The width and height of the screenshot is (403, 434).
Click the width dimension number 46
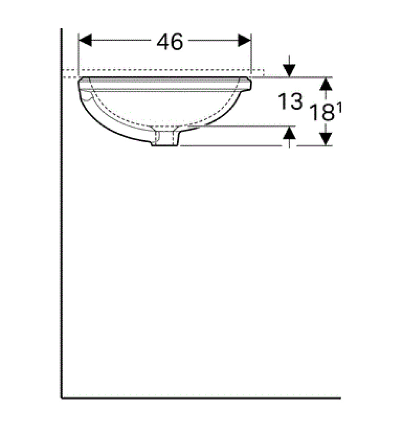click(x=170, y=42)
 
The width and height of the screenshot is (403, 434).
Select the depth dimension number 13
click(x=290, y=102)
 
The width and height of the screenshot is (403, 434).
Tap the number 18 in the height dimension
click(x=322, y=113)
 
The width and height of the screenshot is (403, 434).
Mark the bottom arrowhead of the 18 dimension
click(x=326, y=139)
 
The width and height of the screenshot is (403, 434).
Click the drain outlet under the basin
click(x=165, y=139)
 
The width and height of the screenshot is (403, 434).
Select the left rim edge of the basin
click(x=80, y=82)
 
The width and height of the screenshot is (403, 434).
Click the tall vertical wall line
click(x=62, y=217)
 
